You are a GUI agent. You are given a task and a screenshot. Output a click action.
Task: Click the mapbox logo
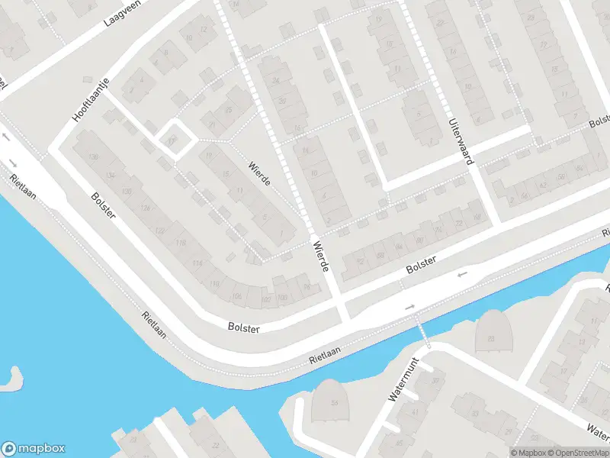tap(34, 449)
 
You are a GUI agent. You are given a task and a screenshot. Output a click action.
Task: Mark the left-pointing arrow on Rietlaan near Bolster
tap(461, 274)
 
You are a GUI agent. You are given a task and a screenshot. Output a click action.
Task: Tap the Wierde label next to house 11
tap(260, 173)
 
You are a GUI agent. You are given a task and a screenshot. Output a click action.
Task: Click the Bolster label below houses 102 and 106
tap(244, 327)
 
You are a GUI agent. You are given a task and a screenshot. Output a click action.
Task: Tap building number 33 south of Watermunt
tap(474, 413)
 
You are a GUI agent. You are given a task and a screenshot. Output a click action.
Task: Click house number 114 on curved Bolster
tap(197, 264)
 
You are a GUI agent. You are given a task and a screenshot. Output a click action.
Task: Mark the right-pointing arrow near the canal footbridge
tap(410, 307)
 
